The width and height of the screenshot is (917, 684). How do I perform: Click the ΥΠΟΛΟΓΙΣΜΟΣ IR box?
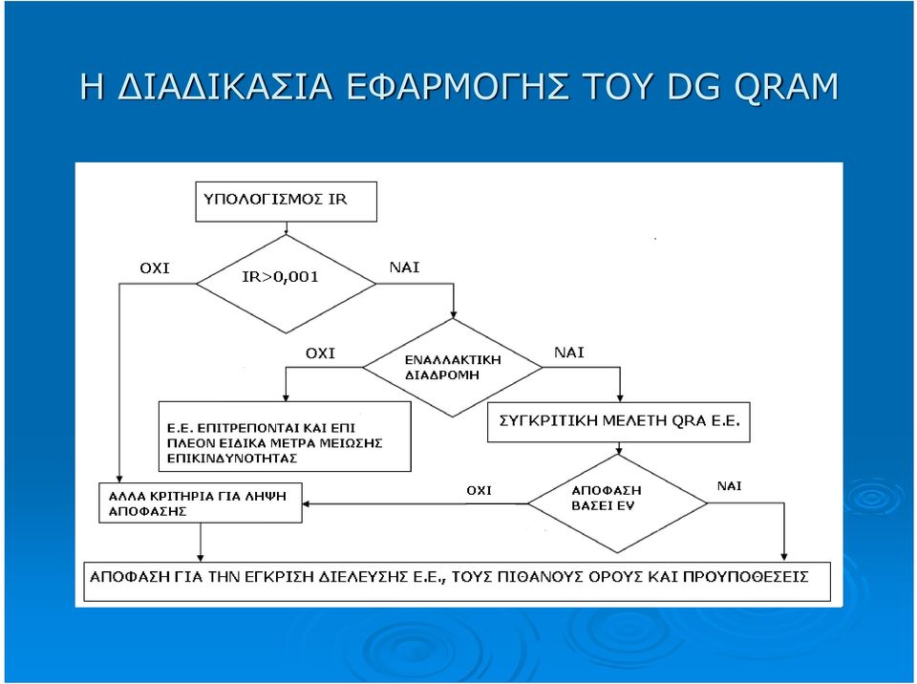286,202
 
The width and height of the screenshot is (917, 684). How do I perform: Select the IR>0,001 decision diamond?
286,284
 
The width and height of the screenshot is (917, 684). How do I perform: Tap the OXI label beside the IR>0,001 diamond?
155,268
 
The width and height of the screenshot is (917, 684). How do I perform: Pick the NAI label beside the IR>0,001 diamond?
405,267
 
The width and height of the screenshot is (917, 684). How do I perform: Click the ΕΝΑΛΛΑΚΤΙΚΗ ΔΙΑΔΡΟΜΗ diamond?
452,368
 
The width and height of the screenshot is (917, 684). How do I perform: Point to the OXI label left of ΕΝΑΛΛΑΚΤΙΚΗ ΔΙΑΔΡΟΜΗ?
321,353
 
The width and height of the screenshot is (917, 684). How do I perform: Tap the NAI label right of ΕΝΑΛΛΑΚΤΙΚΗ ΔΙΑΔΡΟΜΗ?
569,353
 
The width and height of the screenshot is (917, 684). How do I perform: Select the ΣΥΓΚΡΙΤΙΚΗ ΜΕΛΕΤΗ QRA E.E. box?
619,422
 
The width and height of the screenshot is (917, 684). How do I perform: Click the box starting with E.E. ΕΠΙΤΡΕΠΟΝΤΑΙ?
285,437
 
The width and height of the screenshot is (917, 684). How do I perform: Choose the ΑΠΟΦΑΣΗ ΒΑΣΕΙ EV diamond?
618,503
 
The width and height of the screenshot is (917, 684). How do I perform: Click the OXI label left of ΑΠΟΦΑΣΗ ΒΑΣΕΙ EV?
479,490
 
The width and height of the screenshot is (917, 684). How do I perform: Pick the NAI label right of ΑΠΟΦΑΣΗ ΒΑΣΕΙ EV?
729,486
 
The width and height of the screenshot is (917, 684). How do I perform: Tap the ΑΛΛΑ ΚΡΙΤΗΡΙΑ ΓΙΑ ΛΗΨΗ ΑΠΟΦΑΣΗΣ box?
201,502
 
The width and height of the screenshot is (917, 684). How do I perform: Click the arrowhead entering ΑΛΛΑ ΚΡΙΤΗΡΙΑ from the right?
306,503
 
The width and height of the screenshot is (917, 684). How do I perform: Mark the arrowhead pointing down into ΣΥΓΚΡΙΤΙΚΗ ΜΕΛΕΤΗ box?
620,397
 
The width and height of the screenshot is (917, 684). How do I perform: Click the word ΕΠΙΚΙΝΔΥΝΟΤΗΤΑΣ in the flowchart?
232,459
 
